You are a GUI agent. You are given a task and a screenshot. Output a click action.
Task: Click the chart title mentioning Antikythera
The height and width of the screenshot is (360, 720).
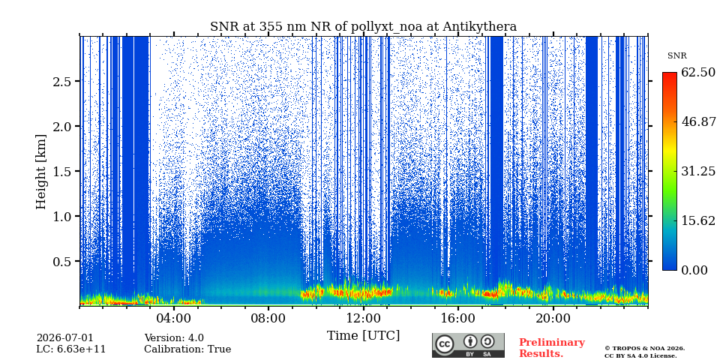click(363, 27)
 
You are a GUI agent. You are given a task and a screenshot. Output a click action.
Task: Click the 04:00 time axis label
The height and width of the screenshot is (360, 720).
click(174, 318)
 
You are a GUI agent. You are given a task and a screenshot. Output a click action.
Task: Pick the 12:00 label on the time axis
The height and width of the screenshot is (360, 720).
click(363, 318)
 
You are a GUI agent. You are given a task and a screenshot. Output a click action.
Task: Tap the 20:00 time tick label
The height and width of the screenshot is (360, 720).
click(553, 318)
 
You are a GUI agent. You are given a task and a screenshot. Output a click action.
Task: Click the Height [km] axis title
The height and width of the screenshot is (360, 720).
click(41, 172)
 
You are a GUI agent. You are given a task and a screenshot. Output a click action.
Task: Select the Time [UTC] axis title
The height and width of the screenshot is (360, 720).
click(363, 336)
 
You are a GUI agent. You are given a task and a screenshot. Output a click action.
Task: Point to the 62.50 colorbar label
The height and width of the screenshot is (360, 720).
click(698, 73)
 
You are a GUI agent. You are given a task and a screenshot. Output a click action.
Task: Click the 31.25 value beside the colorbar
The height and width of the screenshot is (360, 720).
click(698, 171)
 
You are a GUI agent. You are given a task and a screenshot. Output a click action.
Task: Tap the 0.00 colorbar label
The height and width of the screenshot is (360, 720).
click(694, 270)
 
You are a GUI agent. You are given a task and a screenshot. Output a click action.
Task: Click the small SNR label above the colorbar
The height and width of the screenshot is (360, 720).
click(677, 56)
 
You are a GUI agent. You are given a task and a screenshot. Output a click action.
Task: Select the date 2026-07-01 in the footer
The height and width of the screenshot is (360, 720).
click(64, 338)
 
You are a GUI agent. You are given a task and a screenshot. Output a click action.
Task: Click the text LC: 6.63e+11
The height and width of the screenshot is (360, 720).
click(71, 349)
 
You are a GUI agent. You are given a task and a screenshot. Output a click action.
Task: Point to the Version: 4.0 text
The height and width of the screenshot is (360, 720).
click(174, 338)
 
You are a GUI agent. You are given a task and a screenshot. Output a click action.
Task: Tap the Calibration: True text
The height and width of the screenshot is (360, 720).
click(187, 349)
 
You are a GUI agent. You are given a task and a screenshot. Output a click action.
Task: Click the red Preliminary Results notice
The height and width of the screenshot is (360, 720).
click(552, 348)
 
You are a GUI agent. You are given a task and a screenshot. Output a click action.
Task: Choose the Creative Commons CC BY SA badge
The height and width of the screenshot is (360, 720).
click(468, 345)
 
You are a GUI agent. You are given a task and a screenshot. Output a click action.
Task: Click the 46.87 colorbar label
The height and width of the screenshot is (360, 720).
click(698, 121)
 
